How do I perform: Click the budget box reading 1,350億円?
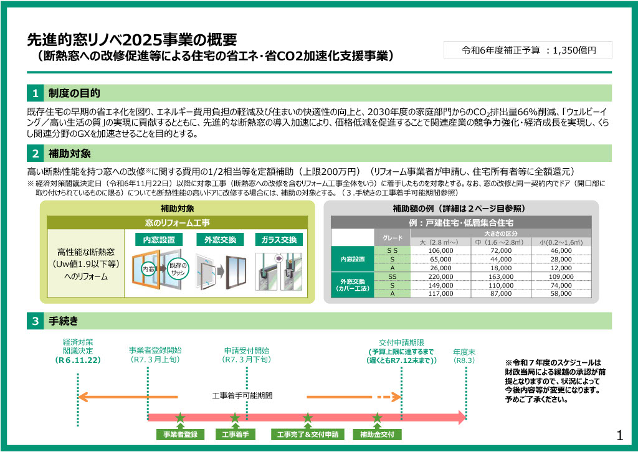(528, 50)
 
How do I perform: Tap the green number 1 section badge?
(36, 93)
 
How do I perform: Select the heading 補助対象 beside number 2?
(70, 154)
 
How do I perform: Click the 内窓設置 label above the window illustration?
(159, 240)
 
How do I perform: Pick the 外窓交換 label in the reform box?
(220, 240)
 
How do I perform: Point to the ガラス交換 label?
(279, 240)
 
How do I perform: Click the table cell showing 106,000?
(440, 251)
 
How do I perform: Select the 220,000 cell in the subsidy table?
(440, 277)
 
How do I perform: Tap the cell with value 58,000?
(561, 293)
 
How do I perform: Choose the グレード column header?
(393, 238)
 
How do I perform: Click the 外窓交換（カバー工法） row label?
(353, 285)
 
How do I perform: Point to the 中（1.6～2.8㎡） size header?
(500, 242)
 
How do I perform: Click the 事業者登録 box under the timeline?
(180, 435)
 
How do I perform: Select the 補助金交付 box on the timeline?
(377, 435)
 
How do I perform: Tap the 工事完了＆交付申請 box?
(308, 435)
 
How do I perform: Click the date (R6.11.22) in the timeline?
(78, 360)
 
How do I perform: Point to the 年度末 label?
(464, 352)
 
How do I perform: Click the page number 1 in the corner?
(620, 436)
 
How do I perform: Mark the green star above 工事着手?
(235, 418)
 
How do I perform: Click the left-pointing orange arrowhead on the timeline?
(83, 397)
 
